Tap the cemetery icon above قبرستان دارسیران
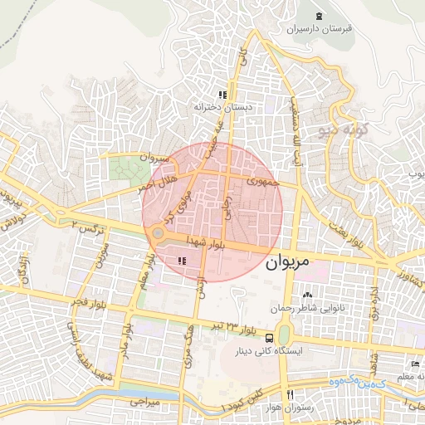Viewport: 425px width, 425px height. pyautogui.click(x=320, y=17)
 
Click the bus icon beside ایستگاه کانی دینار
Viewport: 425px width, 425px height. pyautogui.click(x=269, y=338)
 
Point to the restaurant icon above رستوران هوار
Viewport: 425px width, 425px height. pyautogui.click(x=290, y=394)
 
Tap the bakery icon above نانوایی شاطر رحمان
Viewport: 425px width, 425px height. pyautogui.click(x=308, y=296)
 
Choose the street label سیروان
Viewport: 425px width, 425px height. pyautogui.click(x=154, y=156)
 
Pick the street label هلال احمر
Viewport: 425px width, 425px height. pyautogui.click(x=157, y=185)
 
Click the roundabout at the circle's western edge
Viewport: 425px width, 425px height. pyautogui.click(x=158, y=233)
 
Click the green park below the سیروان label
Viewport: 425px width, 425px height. pyautogui.click(x=129, y=172)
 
